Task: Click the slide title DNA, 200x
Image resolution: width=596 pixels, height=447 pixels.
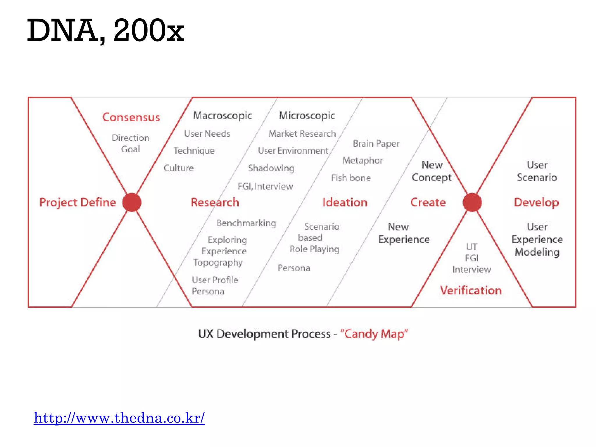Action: click(105, 30)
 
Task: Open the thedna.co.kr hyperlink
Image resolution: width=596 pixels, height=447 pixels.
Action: click(119, 418)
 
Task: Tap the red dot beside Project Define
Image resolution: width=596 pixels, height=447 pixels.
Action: click(132, 203)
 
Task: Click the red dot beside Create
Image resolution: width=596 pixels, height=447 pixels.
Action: click(472, 203)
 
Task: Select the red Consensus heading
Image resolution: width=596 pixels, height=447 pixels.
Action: click(131, 117)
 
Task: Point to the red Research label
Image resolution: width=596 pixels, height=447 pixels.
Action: click(215, 203)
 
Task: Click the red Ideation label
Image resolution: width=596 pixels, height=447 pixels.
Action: click(345, 203)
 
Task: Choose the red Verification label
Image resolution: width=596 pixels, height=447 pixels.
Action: click(471, 290)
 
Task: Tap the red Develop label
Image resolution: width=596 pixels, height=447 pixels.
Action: click(536, 203)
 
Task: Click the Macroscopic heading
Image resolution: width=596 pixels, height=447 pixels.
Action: click(223, 116)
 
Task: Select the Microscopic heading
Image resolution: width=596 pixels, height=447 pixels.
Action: click(307, 116)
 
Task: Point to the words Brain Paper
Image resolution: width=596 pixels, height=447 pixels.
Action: click(376, 143)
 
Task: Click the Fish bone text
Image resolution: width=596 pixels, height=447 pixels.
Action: click(351, 178)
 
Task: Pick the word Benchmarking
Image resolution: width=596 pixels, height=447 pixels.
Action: click(246, 223)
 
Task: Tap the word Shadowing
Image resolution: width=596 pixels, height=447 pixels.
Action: click(271, 168)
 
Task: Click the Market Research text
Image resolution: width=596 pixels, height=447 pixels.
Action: click(302, 134)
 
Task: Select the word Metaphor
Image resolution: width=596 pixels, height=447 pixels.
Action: click(363, 160)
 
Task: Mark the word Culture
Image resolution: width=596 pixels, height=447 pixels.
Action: click(179, 168)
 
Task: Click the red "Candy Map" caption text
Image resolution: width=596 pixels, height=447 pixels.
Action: click(374, 334)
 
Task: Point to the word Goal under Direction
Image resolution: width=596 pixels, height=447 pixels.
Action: click(131, 149)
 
